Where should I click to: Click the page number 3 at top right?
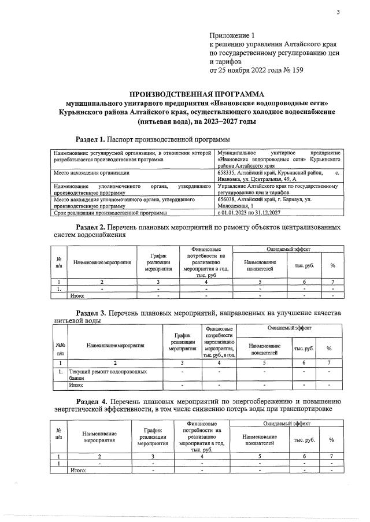click(x=338, y=13)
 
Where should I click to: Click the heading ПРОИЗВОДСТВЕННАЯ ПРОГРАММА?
click(x=196, y=94)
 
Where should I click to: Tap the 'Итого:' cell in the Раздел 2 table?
click(x=77, y=295)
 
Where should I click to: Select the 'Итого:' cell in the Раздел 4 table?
click(x=78, y=471)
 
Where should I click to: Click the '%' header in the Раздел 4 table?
click(x=332, y=440)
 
